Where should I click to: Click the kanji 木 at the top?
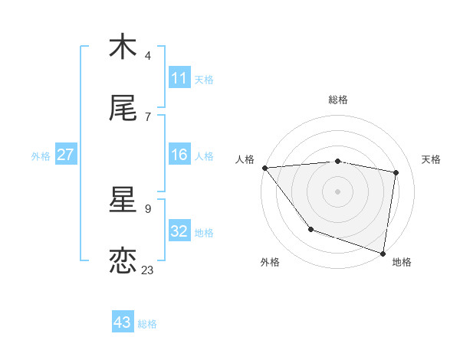tap(123, 47)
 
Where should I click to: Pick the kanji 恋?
tap(123, 261)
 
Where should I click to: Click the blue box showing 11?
tap(179, 78)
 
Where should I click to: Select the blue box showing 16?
tap(179, 155)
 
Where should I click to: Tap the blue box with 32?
tap(179, 231)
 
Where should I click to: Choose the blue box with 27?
tap(65, 155)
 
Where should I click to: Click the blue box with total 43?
tap(123, 322)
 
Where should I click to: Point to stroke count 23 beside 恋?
tap(148, 270)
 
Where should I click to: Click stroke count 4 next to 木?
tap(148, 55)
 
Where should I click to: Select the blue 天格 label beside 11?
tap(204, 79)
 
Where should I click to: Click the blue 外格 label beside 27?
tap(41, 155)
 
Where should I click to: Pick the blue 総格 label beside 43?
tap(147, 323)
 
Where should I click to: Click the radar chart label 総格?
tap(338, 100)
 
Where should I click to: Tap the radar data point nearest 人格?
tap(264, 168)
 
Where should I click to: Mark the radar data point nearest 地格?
tap(383, 253)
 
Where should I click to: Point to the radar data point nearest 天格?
tap(396, 172)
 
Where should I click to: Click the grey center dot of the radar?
tap(338, 191)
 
